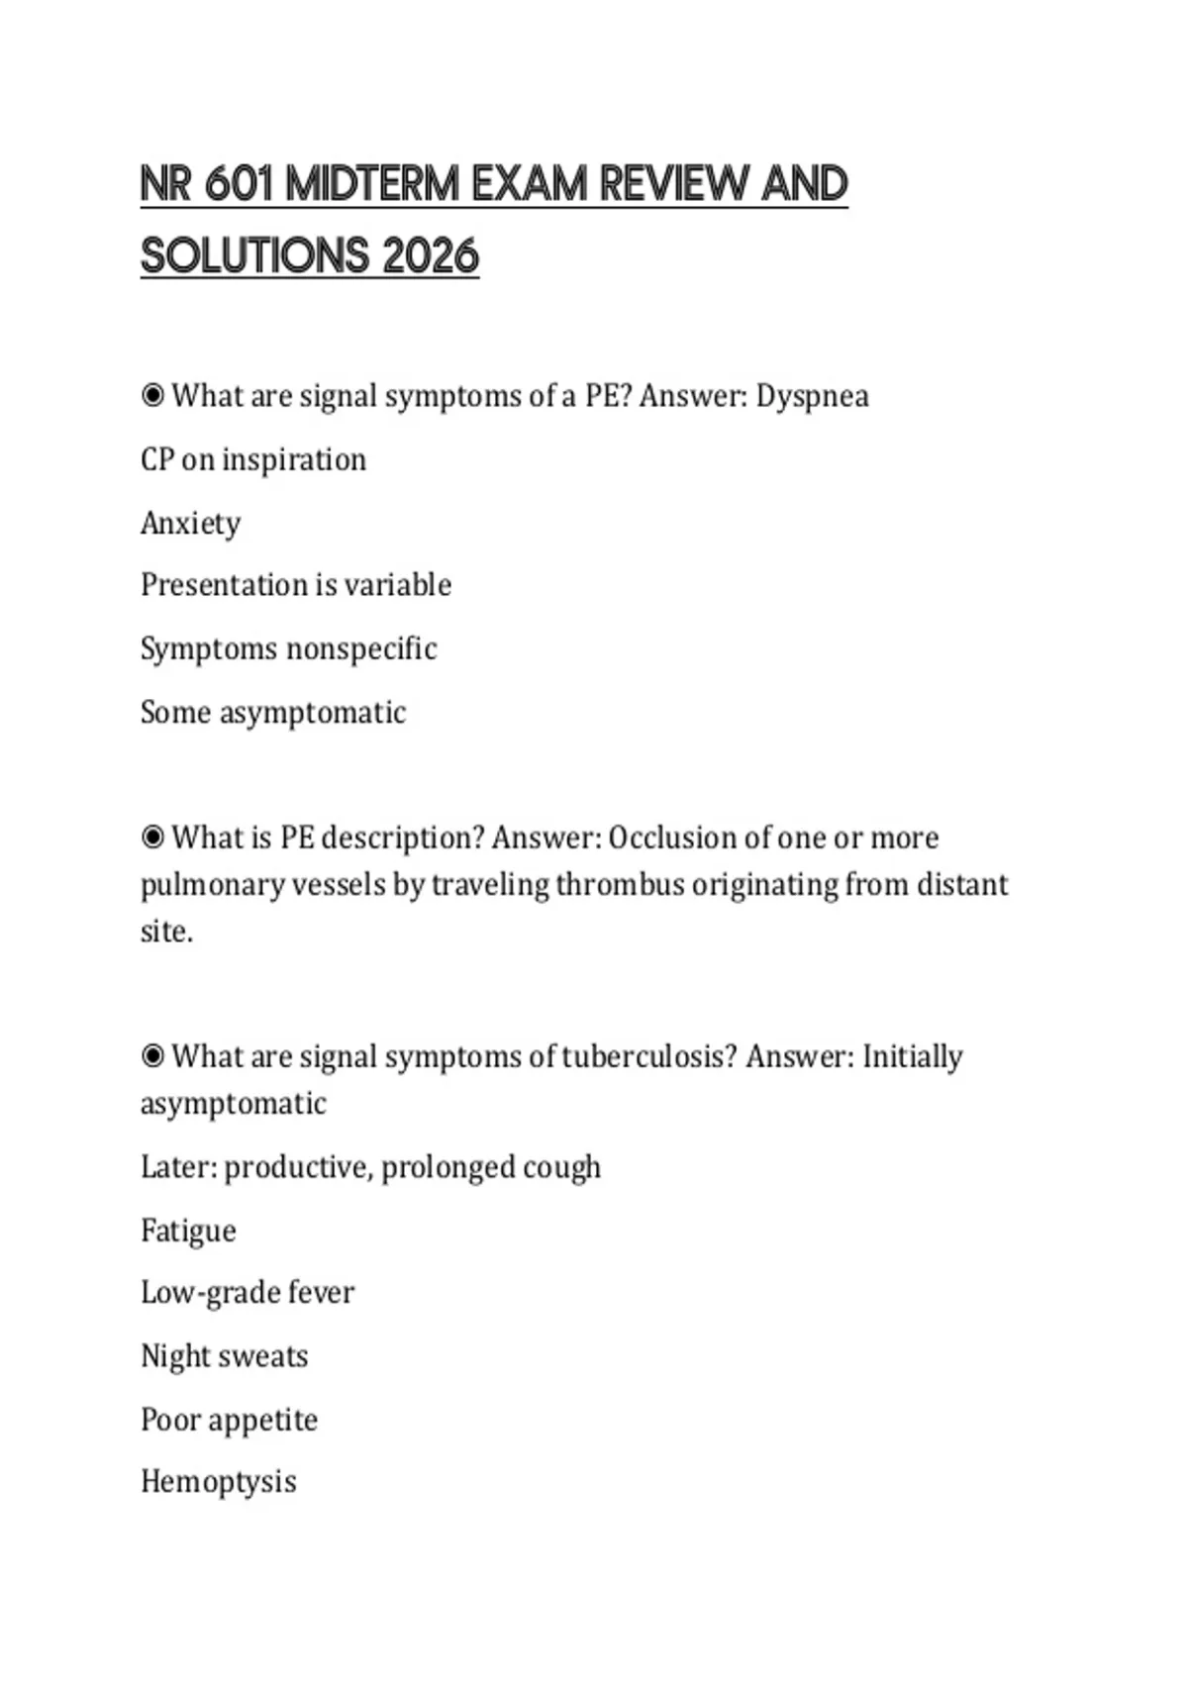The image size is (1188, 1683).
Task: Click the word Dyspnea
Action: tap(812, 396)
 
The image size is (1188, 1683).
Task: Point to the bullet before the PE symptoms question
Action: tap(152, 396)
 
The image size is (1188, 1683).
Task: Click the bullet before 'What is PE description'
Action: tap(152, 838)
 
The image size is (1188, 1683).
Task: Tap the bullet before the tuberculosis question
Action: tap(152, 1056)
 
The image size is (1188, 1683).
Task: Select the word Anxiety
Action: tap(190, 523)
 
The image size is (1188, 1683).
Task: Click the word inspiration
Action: tap(294, 459)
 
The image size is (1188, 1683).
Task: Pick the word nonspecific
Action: tap(361, 648)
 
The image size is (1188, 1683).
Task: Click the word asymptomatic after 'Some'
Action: tap(312, 712)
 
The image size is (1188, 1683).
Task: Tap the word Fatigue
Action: tap(188, 1231)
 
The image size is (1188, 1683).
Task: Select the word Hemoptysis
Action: tap(219, 1481)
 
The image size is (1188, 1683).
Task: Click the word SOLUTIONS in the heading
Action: tap(254, 256)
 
